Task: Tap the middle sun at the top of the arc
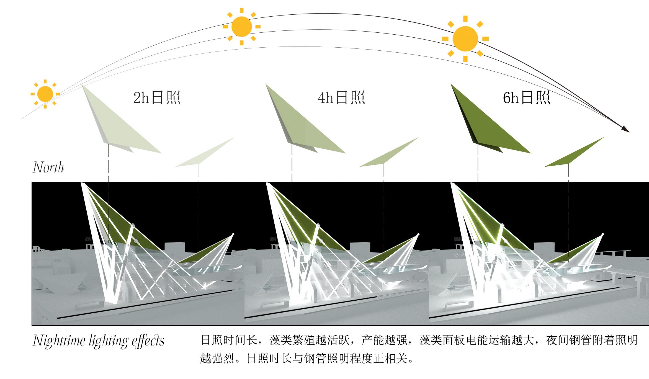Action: (241, 27)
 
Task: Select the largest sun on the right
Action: (465, 39)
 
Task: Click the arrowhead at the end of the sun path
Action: (625, 130)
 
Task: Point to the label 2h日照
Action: (157, 97)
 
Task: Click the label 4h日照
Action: (341, 97)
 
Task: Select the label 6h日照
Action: (526, 97)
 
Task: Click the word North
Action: (48, 167)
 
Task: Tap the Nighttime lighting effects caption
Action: (99, 341)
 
